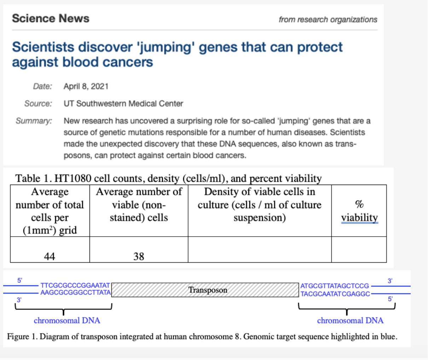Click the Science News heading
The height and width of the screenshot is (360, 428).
[51, 18]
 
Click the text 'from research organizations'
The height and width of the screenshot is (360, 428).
[328, 19]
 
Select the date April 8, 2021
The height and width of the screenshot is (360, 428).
[86, 86]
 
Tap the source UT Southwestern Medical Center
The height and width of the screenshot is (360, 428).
[123, 104]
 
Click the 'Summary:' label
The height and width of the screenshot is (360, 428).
[34, 121]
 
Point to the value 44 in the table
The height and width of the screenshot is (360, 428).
[50, 256]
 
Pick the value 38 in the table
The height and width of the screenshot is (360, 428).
[139, 256]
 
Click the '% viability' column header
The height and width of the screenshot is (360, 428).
[359, 211]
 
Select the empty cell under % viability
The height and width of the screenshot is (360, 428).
[359, 250]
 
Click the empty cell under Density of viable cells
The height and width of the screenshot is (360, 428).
[259, 250]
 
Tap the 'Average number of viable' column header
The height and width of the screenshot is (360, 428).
[139, 205]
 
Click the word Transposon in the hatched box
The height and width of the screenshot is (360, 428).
[208, 290]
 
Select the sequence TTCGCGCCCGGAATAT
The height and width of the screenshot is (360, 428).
[75, 285]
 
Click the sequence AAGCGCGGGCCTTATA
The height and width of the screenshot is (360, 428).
[75, 292]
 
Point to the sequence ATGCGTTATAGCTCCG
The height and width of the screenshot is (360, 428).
[335, 286]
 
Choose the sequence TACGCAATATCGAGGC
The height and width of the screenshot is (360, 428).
[335, 294]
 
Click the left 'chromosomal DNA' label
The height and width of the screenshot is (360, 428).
[67, 320]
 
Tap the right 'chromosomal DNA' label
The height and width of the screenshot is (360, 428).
[350, 320]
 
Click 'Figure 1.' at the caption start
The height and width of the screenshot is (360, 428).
[22, 336]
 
